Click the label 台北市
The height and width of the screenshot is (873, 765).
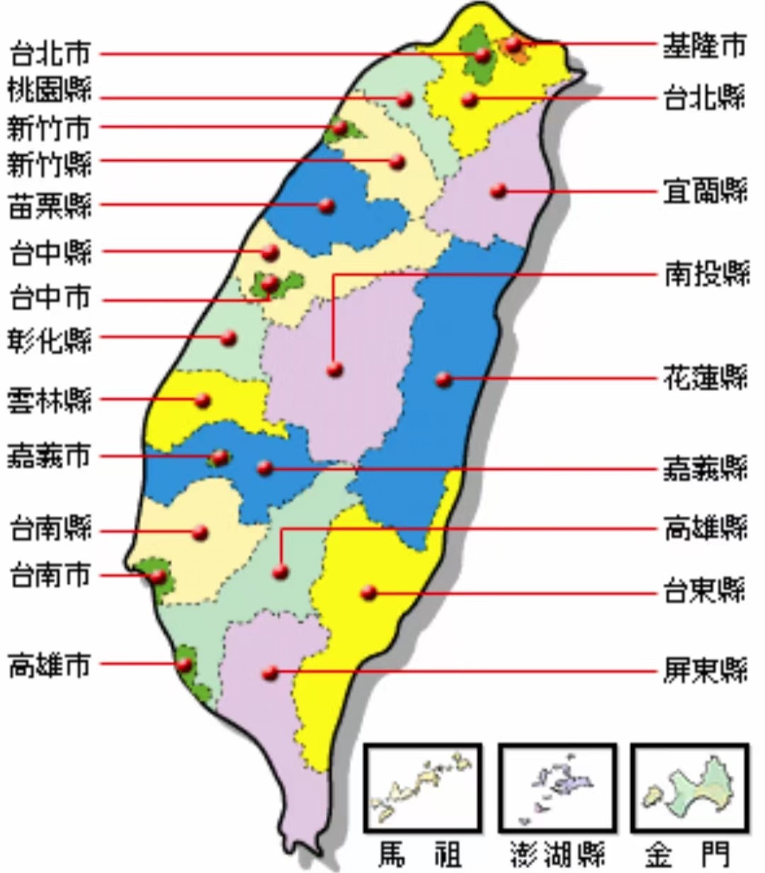coord(50,54)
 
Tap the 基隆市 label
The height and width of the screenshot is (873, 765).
coord(704,46)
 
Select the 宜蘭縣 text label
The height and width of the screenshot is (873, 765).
coord(705,191)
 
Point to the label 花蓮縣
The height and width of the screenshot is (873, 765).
coord(705,378)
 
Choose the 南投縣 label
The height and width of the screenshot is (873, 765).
coord(706,274)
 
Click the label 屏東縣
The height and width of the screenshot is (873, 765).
coord(705,670)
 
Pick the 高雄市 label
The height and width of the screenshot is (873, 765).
coord(50,665)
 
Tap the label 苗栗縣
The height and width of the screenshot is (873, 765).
coord(50,206)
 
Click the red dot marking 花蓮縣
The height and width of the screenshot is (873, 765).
coord(444,379)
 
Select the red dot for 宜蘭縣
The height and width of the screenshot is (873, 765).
coord(499,191)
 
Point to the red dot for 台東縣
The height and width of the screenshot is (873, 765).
coord(368,592)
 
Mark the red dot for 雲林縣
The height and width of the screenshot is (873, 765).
coord(203,400)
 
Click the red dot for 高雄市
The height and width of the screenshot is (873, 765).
coord(184,665)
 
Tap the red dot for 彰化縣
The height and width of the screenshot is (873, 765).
coord(228,338)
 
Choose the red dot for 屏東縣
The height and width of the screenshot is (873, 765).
coord(270,673)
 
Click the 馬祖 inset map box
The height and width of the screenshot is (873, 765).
coord(423,787)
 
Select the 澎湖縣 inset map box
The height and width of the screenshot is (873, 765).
coord(557,787)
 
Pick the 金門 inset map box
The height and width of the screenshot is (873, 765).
coord(689,787)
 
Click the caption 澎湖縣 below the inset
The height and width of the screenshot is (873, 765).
coord(557,854)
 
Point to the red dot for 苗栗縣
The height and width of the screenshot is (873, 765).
coord(327,206)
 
